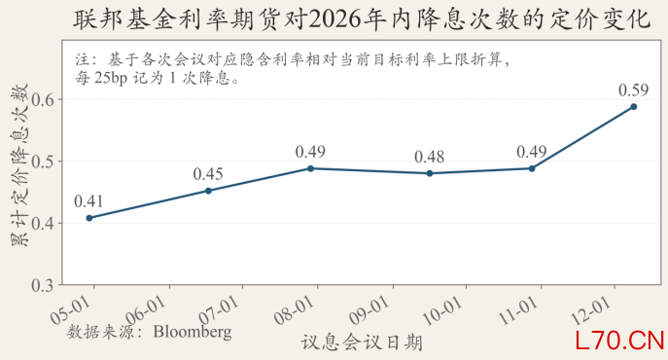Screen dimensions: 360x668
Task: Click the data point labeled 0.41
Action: click(x=89, y=218)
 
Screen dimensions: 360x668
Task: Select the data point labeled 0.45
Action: click(x=208, y=191)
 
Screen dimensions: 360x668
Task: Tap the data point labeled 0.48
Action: click(x=430, y=173)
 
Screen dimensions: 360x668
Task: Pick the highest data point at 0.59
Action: click(x=633, y=107)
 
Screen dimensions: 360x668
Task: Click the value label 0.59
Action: click(x=633, y=90)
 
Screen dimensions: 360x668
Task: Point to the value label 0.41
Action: click(x=89, y=200)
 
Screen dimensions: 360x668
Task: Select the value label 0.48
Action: click(x=430, y=156)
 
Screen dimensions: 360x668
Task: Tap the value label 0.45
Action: click(x=208, y=173)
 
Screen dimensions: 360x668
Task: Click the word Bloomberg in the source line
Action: click(x=192, y=332)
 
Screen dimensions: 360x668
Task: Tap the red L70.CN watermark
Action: click(x=612, y=341)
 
